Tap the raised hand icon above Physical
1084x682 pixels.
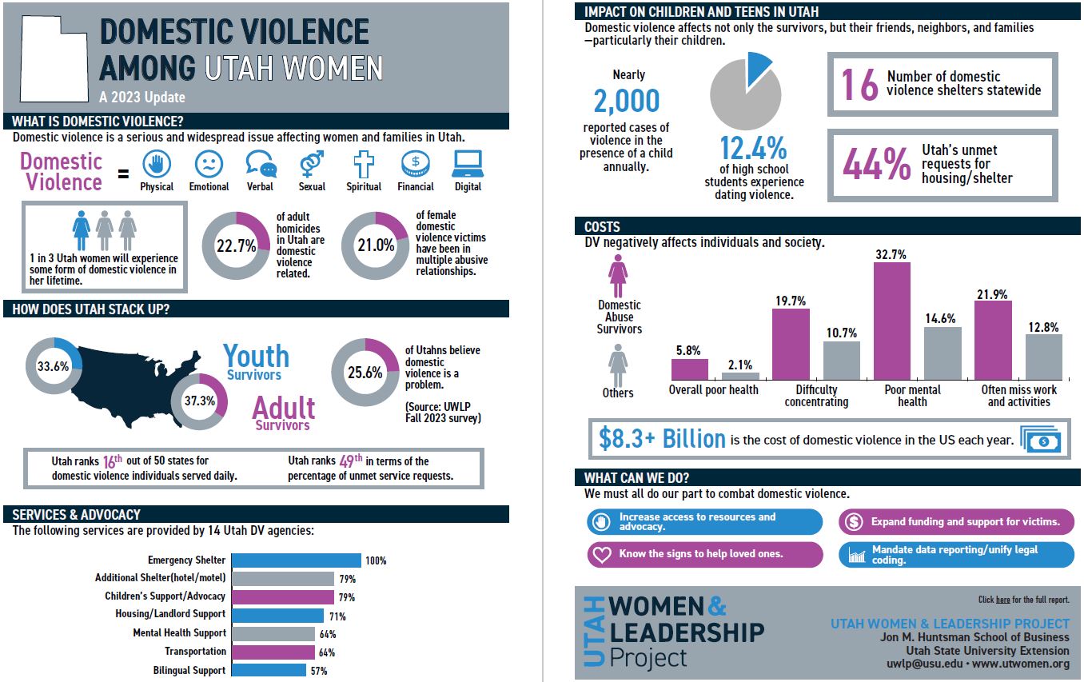157,165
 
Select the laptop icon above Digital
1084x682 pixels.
468,165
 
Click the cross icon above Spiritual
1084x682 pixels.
364,165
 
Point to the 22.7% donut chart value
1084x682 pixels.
236,246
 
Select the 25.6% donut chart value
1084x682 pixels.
365,372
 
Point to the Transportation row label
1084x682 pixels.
195,652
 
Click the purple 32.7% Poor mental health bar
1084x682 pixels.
891,320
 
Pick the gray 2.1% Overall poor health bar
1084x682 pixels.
740,376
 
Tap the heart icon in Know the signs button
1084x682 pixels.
602,554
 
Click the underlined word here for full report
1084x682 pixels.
1002,600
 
